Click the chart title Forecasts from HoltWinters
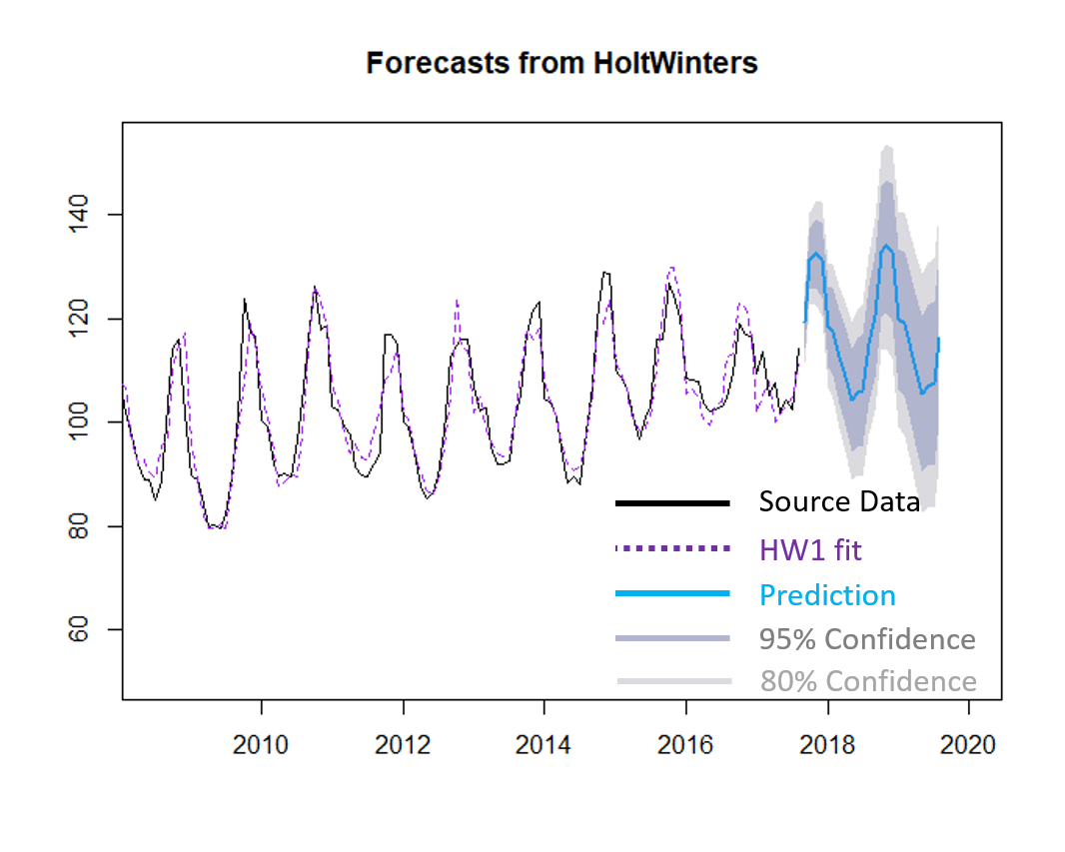[561, 64]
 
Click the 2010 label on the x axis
[262, 745]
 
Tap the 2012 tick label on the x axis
[403, 745]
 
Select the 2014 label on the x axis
[543, 745]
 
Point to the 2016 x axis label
[685, 745]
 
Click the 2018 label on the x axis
[826, 745]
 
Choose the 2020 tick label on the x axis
[967, 745]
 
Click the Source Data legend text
[838, 501]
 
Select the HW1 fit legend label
[810, 548]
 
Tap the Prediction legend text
[827, 595]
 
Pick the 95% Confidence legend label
[867, 639]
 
